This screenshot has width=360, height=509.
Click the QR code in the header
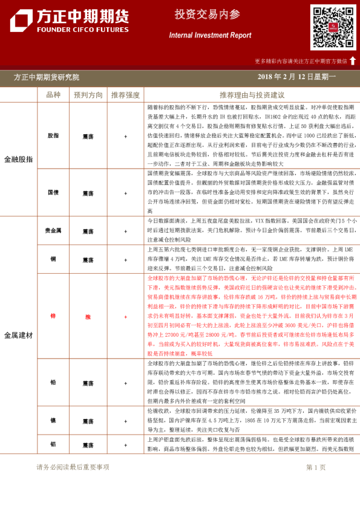point(333,27)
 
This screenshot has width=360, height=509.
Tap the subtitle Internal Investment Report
point(210,36)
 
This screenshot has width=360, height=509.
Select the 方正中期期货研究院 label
point(47,77)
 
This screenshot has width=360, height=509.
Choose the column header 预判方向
point(88,95)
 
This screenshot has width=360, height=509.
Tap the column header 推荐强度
point(125,95)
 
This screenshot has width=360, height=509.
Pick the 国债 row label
point(53,192)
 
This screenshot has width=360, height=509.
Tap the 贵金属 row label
point(53,231)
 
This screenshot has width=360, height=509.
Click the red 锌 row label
point(53,316)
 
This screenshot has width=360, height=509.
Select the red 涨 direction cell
point(88,316)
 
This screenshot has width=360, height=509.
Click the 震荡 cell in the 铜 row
point(88,258)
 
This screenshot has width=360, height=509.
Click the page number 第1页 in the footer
point(316,467)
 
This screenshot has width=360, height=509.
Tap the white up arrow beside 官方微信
point(353,60)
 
